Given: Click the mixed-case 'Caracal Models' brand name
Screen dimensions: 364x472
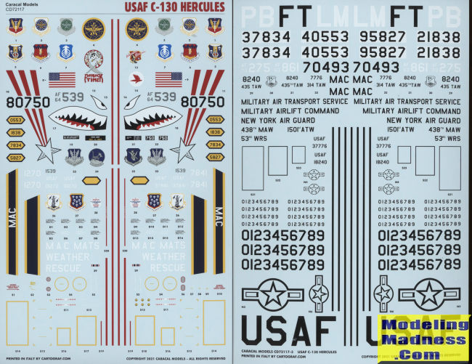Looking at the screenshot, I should pyautogui.click(x=22, y=6).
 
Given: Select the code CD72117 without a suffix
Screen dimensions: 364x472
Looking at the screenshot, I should pyautogui.click(x=15, y=12).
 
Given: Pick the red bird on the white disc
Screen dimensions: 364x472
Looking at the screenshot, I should pyautogui.click(x=134, y=78).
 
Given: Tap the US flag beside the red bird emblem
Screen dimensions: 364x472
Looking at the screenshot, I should pyautogui.click(x=168, y=78).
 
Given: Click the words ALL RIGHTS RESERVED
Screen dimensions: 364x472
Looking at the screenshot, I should pyautogui.click(x=208, y=358).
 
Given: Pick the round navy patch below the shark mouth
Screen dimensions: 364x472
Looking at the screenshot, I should pyautogui.click(x=97, y=157).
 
